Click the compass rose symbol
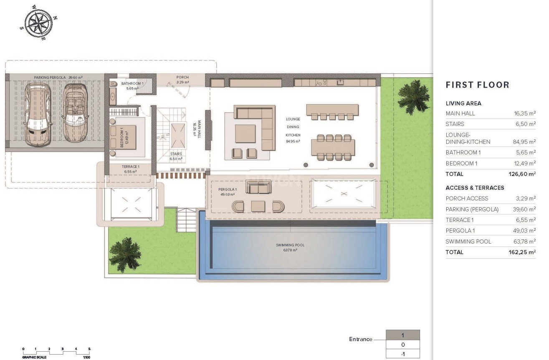pyautogui.click(x=38, y=23)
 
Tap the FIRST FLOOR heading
pyautogui.click(x=477, y=85)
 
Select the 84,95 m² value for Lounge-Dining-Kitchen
pyautogui.click(x=524, y=142)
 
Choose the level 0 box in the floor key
pyautogui.click(x=402, y=345)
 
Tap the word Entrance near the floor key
pyautogui.click(x=360, y=339)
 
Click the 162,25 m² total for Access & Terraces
pyautogui.click(x=521, y=252)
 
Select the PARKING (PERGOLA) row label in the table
pyautogui.click(x=472, y=209)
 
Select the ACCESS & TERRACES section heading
pyautogui.click(x=475, y=188)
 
